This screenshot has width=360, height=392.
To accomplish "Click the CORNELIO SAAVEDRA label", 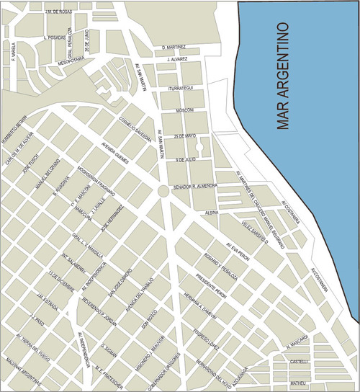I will (x=135, y=127).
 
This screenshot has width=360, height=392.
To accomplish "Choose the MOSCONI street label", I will (x=185, y=111).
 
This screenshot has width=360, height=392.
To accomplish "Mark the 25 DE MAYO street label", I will (x=185, y=135).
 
